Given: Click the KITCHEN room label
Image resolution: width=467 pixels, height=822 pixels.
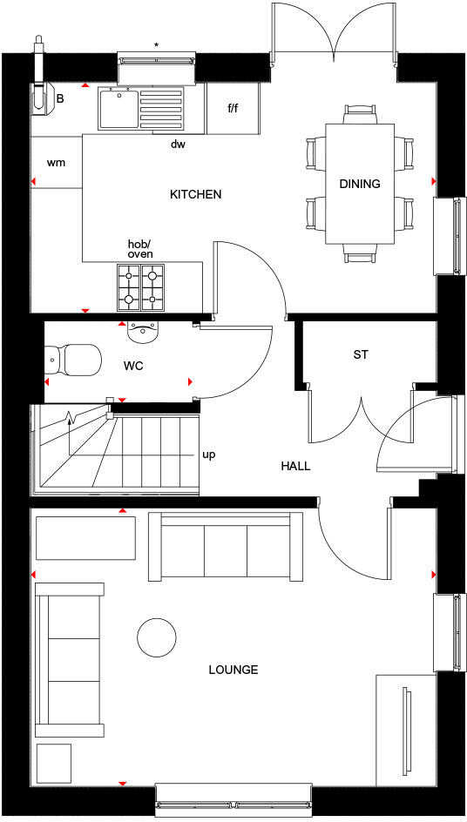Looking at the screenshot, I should click(x=195, y=194).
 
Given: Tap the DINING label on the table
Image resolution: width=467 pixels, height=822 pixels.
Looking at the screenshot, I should click(x=360, y=184).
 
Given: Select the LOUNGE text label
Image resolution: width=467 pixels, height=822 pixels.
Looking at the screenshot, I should click(x=233, y=670).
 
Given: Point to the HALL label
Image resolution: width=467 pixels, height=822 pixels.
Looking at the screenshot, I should click(x=295, y=466).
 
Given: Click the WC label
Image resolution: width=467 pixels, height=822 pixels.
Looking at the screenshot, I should click(x=132, y=366).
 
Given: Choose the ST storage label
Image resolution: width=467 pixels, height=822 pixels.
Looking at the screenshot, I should click(x=361, y=354).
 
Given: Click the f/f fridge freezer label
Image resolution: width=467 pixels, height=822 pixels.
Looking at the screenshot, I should click(x=233, y=110).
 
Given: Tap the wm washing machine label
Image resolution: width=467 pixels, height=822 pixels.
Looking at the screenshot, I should click(x=56, y=162).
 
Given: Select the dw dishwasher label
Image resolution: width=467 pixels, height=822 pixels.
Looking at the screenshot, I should click(x=178, y=145).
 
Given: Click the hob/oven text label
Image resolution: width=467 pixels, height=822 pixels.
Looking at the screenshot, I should click(x=140, y=248).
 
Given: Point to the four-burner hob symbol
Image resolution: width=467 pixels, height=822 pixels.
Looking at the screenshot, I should click(x=140, y=286).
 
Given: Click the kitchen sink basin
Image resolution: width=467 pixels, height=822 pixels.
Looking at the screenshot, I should click(x=115, y=110).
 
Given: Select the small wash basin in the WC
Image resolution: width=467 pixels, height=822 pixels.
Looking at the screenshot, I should click(x=143, y=329).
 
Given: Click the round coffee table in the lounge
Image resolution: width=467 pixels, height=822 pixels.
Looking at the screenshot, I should click(x=158, y=637).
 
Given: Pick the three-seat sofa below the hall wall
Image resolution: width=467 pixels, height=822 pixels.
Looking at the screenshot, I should click(x=220, y=546).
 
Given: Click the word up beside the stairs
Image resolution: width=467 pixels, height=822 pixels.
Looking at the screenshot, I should click(x=209, y=455).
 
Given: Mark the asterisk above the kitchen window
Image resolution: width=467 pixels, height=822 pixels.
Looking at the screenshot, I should click(x=157, y=44).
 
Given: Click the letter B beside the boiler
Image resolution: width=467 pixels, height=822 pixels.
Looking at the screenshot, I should click(x=60, y=98).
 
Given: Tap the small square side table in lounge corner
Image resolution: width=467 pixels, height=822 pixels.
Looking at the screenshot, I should click(x=53, y=764).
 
